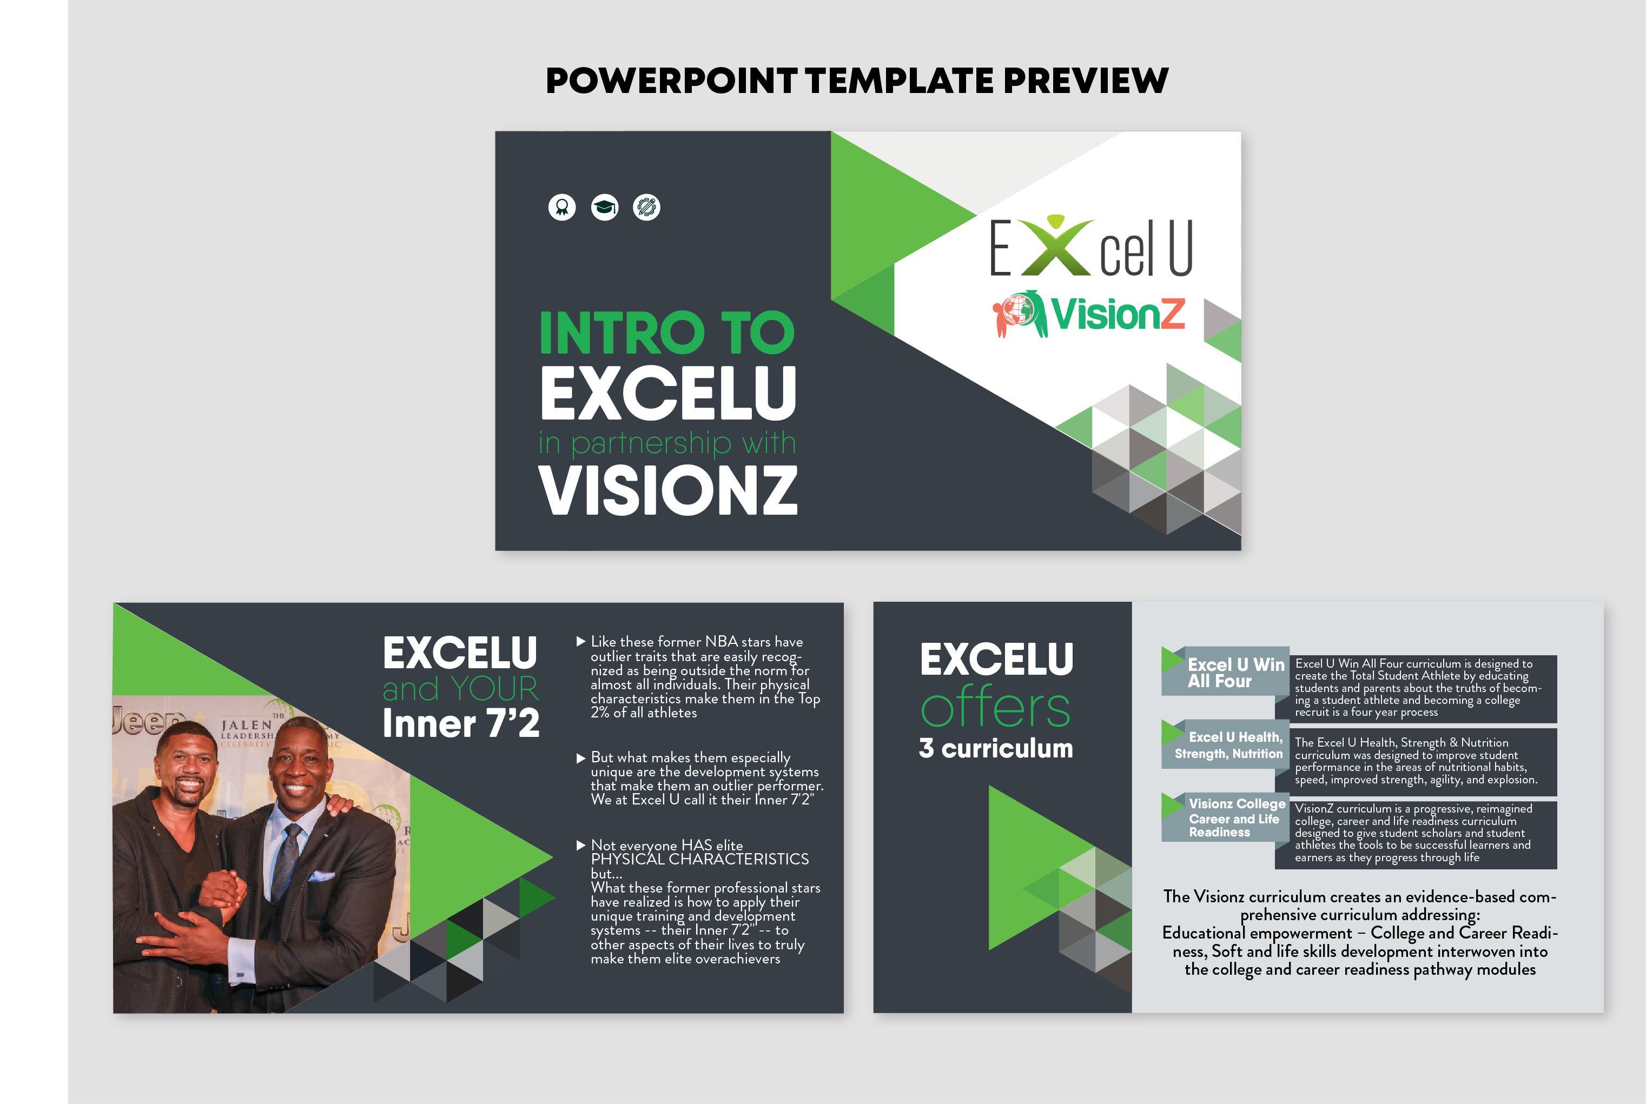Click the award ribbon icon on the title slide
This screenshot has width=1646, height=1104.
[x=562, y=207]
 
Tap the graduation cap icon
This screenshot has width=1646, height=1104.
[x=604, y=207]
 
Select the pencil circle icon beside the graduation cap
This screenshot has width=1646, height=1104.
[x=646, y=207]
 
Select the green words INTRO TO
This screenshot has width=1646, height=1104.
[x=666, y=333]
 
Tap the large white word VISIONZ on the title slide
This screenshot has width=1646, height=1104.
[x=667, y=491]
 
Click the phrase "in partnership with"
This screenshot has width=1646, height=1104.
[x=666, y=443]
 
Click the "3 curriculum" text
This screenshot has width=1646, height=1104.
[x=995, y=748]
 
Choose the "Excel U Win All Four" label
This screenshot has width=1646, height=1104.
[x=1234, y=673]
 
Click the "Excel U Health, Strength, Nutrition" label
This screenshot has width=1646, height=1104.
[x=1228, y=745]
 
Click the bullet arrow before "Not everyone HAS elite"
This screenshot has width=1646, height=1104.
[x=580, y=845]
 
